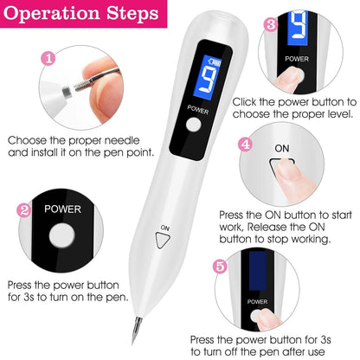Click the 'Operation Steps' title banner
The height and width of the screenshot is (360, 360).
coord(80,15)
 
